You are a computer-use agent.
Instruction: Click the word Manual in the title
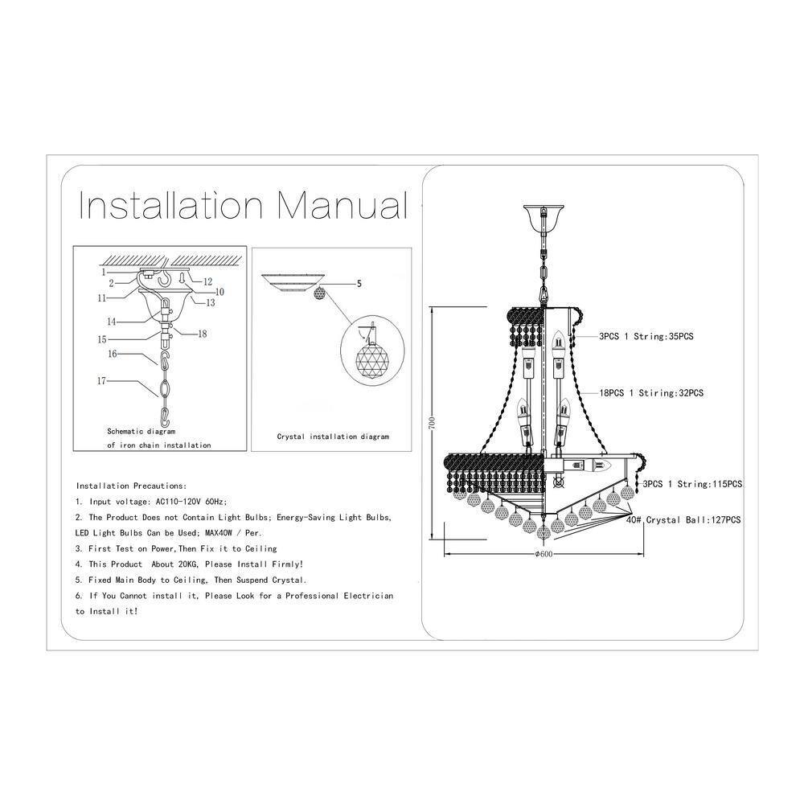tap(343, 205)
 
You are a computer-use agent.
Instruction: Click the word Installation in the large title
tap(170, 205)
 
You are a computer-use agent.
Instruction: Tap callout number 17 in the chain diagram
tap(101, 381)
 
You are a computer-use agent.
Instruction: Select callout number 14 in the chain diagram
tap(112, 322)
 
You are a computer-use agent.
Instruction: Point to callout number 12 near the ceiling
tap(207, 281)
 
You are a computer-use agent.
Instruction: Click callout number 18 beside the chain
tap(203, 334)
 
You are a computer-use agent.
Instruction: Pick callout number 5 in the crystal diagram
tap(359, 284)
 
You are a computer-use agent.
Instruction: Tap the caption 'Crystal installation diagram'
tap(333, 437)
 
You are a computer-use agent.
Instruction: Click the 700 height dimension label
tap(433, 422)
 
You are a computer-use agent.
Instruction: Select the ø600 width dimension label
tap(544, 554)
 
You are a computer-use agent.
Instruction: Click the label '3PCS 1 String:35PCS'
tap(646, 336)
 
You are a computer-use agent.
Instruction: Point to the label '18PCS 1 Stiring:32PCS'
tap(652, 393)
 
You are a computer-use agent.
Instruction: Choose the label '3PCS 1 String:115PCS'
tap(693, 484)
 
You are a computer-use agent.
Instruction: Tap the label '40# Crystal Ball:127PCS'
tap(683, 520)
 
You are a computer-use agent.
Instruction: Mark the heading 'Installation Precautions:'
tap(132, 486)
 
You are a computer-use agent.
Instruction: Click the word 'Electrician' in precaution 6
tap(368, 596)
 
